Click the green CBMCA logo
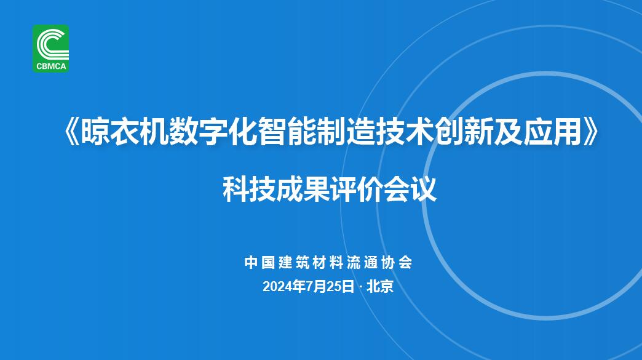coord(51,49)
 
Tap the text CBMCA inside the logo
coord(51,66)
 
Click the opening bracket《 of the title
coord(72,132)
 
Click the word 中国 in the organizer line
coord(259,262)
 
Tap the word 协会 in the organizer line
coord(397,262)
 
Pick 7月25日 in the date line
coord(330,287)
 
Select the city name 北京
coord(380,287)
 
